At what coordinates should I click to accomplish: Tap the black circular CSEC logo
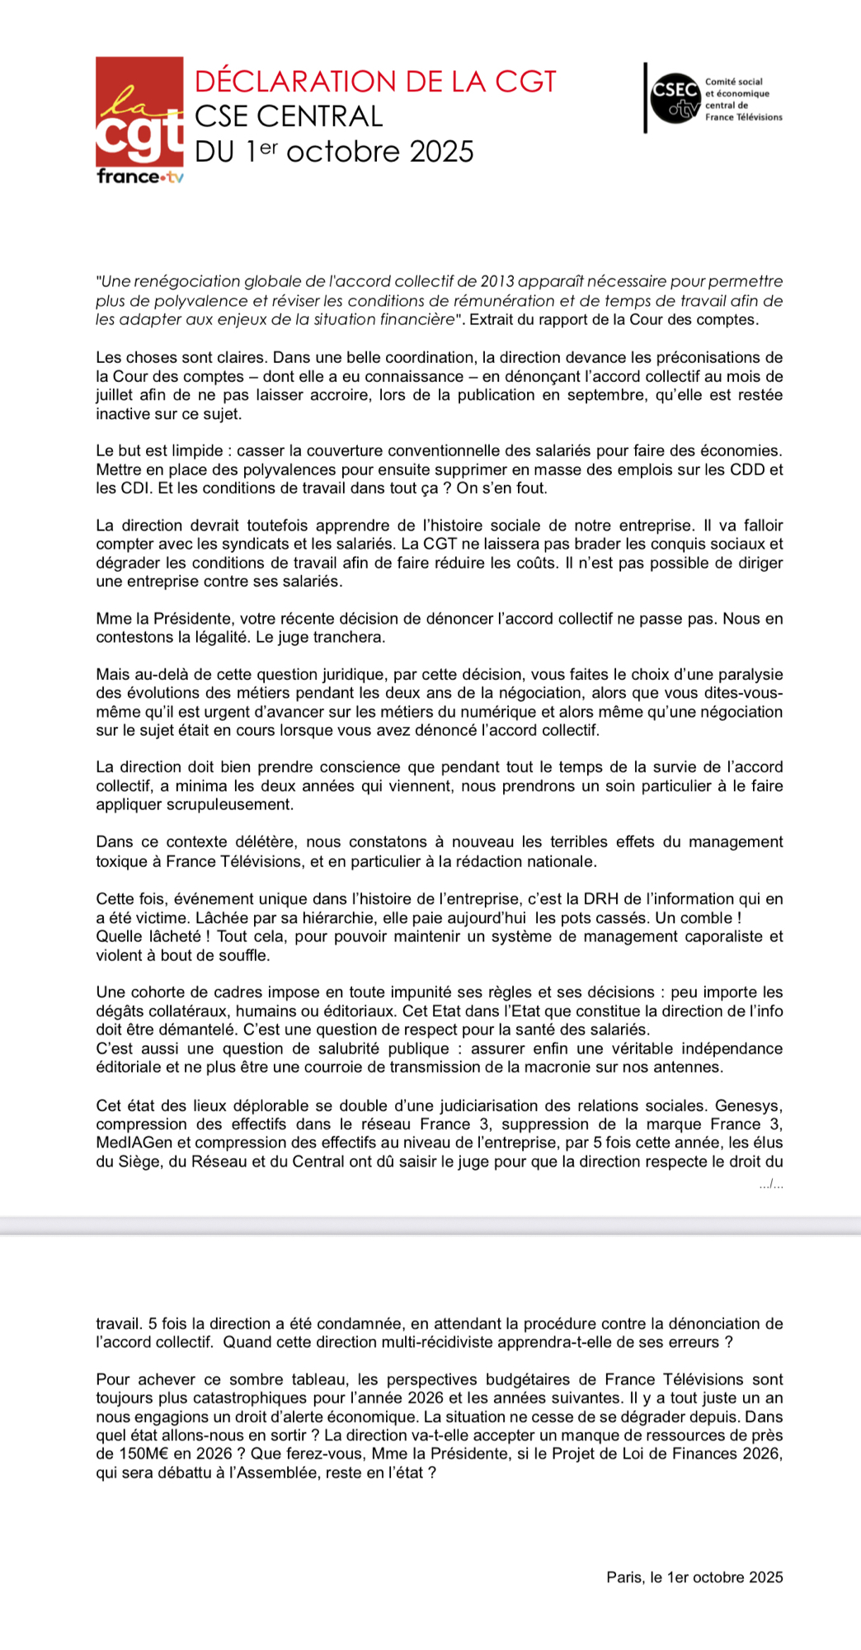point(675,97)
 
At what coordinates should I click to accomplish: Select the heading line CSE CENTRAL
point(289,116)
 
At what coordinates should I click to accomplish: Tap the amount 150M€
point(145,1454)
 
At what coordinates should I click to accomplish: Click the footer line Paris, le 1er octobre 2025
point(694,1577)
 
